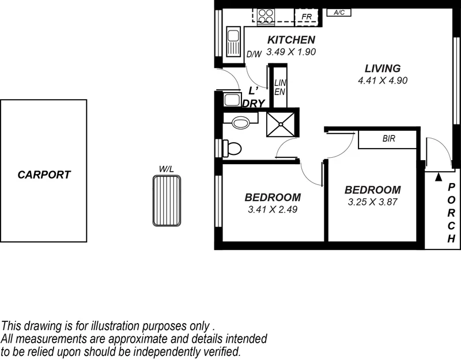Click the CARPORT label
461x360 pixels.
tap(44, 175)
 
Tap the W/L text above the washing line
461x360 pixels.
tap(167, 169)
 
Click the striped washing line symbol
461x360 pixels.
tap(167, 201)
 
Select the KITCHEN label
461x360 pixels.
tap(291, 40)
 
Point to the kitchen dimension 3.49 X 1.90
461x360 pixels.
tap(291, 51)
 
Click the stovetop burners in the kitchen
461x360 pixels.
tap(266, 16)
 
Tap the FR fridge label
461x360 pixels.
tap(307, 17)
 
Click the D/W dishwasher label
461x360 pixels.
tap(254, 54)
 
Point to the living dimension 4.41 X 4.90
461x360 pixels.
tap(383, 81)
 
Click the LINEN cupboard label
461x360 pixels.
tap(280, 87)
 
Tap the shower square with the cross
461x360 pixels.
tap(281, 124)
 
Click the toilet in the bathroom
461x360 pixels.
tap(232, 149)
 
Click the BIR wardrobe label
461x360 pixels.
tap(388, 139)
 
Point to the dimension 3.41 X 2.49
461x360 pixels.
tap(273, 209)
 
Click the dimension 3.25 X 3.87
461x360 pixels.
tap(372, 202)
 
